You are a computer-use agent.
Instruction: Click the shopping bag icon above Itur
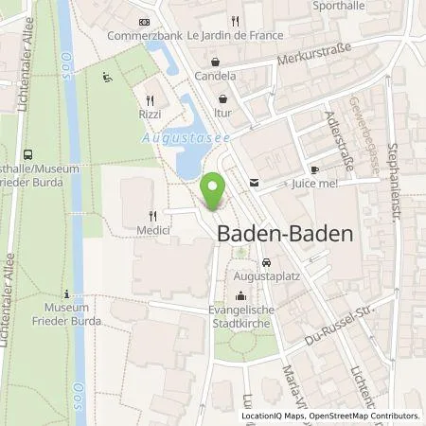pyautogui.click(x=222, y=97)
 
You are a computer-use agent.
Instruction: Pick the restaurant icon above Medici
pyautogui.click(x=151, y=215)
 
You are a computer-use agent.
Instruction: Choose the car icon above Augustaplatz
pyautogui.click(x=267, y=262)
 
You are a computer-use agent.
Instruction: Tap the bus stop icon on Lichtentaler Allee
pyautogui.click(x=27, y=153)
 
